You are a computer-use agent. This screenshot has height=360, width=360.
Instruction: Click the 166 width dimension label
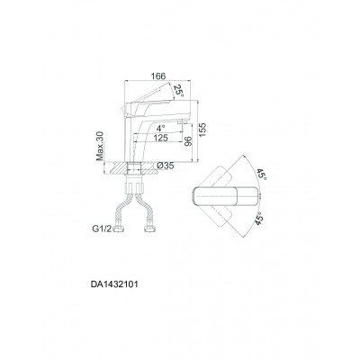(158, 76)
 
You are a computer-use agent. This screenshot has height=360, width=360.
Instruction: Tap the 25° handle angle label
(179, 90)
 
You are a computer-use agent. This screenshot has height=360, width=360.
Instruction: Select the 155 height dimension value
(202, 130)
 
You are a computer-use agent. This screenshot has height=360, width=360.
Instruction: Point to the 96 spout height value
(188, 141)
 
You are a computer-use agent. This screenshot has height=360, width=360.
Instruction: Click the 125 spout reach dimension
(160, 139)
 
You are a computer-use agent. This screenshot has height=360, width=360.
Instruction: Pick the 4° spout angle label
(160, 128)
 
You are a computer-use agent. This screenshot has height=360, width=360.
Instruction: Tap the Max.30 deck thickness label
(100, 146)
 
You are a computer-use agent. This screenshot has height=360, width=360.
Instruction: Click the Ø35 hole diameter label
(166, 166)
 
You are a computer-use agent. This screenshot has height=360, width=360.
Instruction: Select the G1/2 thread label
(102, 229)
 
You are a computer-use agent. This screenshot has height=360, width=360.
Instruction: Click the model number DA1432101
(114, 284)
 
